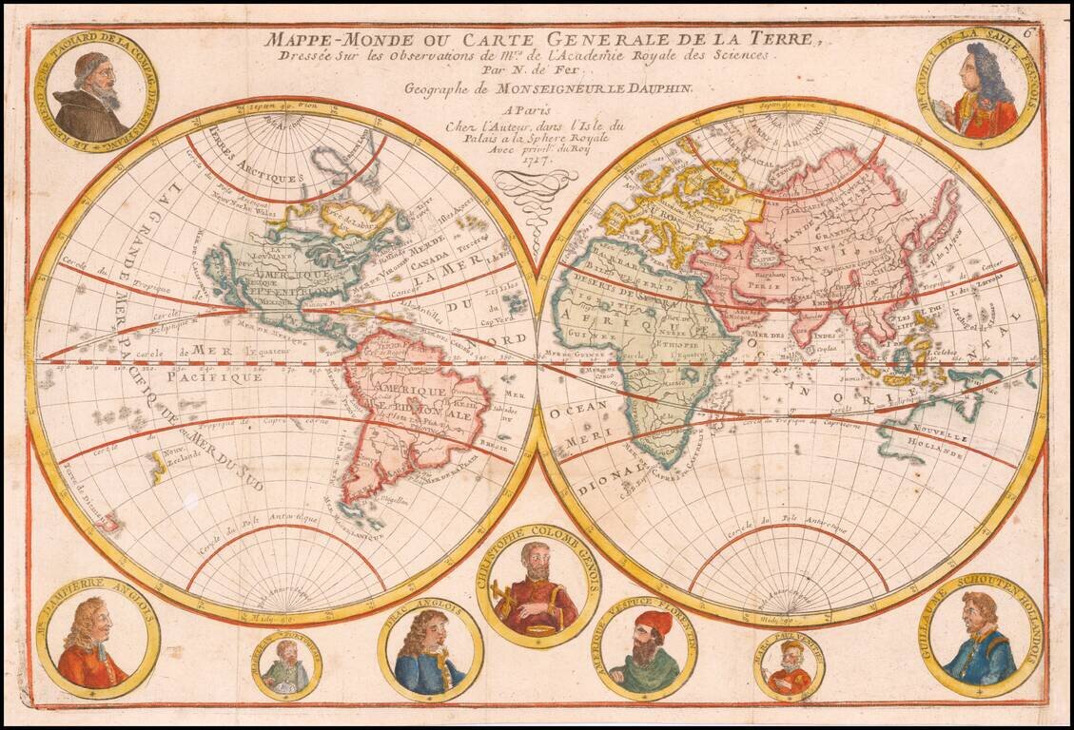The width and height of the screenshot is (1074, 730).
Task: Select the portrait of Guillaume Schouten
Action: coord(980,637)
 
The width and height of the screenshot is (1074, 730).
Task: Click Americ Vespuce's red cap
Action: coord(654,624)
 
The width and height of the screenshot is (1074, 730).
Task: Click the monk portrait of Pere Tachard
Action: coord(95,95)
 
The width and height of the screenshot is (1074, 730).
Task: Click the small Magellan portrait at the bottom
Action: coord(286,666)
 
